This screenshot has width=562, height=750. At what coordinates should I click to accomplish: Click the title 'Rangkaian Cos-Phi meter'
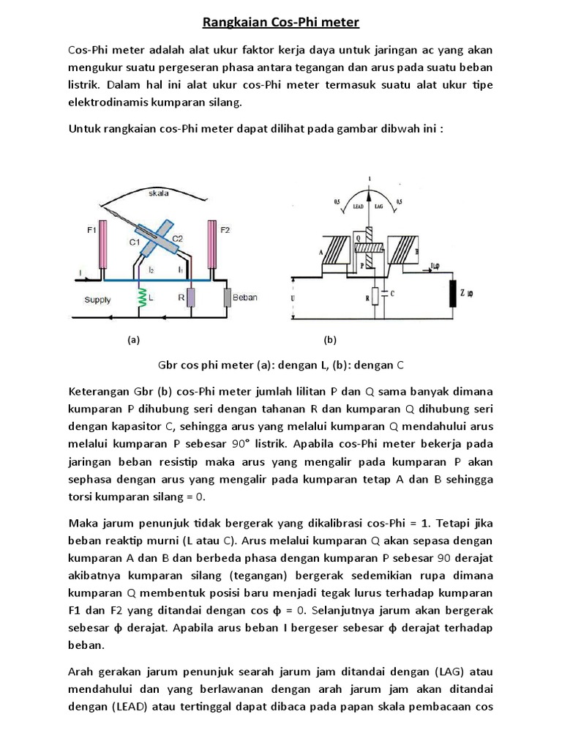coord(281,23)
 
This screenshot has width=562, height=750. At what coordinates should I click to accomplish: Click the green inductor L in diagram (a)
coord(141,299)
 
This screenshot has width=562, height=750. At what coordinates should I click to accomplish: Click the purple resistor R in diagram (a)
coord(190,299)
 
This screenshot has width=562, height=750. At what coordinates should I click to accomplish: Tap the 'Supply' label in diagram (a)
coord(97,300)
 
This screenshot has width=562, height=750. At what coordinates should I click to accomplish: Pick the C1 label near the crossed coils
coord(135,242)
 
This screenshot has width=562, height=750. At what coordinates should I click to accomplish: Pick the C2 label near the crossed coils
coord(178,238)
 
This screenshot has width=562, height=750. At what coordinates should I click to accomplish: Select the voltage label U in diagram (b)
coord(294,299)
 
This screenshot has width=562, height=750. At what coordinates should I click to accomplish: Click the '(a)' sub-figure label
coord(132,340)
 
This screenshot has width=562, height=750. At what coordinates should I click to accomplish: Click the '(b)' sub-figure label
coord(329,340)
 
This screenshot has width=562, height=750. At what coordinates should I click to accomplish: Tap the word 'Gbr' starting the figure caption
coord(168,364)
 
